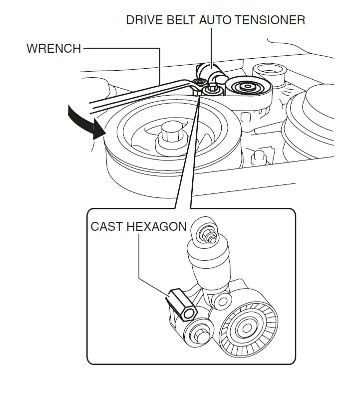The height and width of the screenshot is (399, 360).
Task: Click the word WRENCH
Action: pos(54,48)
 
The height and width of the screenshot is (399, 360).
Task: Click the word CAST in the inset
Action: pos(107,226)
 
